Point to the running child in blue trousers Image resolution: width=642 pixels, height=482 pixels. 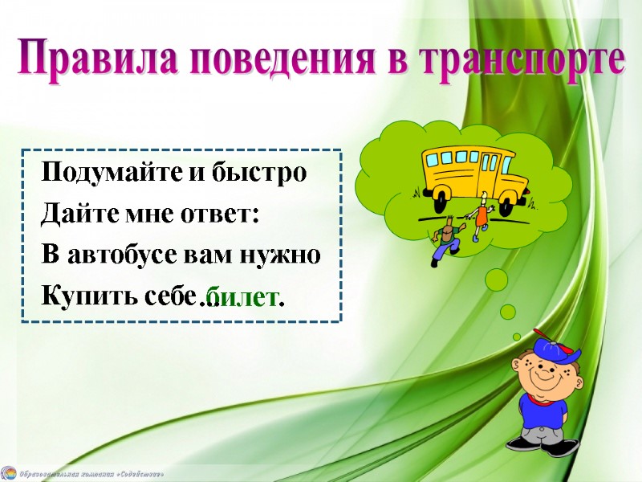point(443,241)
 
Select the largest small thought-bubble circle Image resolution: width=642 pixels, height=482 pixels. point(497,280)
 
